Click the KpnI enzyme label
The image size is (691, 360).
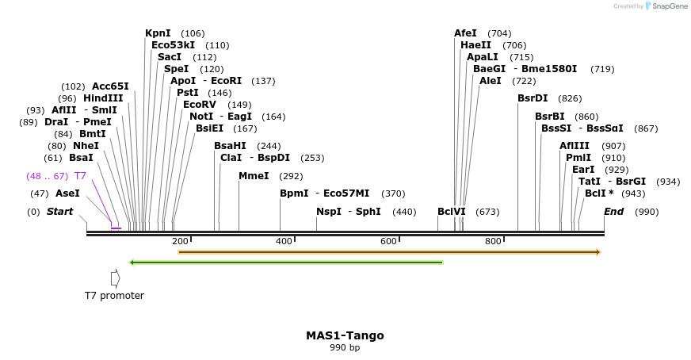coord(158,33)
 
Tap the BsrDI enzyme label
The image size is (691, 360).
coord(533,98)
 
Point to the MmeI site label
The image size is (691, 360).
coord(254,176)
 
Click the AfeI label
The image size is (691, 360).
coord(465,33)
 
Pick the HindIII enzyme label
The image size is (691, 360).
coord(103,98)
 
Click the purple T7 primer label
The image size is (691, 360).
coord(80,176)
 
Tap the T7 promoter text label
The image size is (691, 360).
coord(114,296)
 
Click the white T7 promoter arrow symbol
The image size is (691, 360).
coord(115,278)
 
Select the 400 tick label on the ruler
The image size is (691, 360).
coord(284,241)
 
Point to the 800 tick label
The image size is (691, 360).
coord(493,241)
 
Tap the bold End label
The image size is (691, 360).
coord(614,212)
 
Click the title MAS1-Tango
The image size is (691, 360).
coord(345,335)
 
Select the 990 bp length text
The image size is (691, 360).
coord(345,347)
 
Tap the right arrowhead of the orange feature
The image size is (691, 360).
coord(598,252)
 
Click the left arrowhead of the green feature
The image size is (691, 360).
coord(132,262)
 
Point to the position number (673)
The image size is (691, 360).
coord(487,212)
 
